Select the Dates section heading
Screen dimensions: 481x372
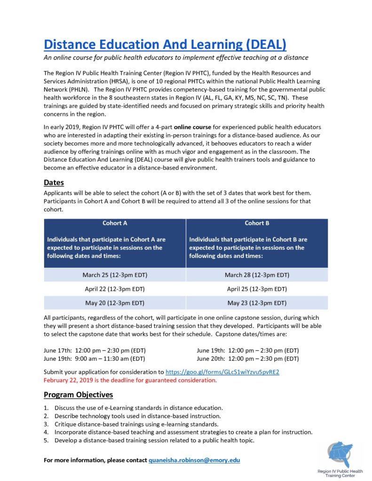[x=54, y=182]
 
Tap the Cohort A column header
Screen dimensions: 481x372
[x=115, y=223]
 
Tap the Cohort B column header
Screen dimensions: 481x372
[x=257, y=223]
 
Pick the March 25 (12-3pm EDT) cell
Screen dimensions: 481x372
[x=115, y=275]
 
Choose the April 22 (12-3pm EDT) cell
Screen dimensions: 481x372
[x=115, y=289]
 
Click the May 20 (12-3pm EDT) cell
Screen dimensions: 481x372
[x=115, y=303]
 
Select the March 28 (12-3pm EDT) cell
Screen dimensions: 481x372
[x=257, y=275]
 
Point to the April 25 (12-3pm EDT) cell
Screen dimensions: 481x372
[x=257, y=289]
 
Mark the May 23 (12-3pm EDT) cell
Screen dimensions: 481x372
[x=257, y=303]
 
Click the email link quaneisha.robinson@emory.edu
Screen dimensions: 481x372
[x=194, y=460]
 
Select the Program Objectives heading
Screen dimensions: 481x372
[x=78, y=395]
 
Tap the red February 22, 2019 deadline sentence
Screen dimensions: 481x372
[x=130, y=380]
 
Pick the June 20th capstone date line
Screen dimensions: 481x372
[x=248, y=359]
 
